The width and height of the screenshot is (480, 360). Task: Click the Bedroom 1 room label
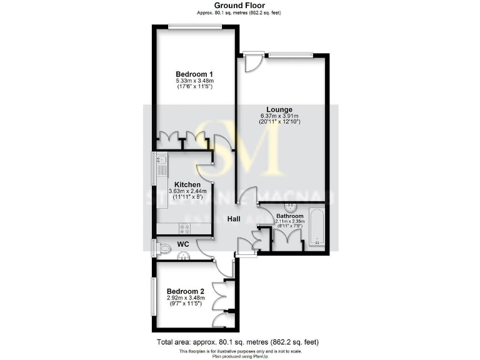[194, 74]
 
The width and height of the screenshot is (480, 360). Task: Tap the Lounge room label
[280, 109]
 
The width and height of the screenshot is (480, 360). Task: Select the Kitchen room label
[187, 184]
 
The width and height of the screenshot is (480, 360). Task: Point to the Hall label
[234, 219]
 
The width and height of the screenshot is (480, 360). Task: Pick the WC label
[183, 243]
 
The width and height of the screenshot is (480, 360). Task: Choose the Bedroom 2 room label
[185, 291]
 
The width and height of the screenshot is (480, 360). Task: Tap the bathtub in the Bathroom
[317, 229]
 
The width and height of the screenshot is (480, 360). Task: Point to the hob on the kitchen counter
[184, 228]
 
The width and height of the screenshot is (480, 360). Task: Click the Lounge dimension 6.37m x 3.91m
[280, 116]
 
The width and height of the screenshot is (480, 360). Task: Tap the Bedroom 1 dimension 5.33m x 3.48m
[194, 81]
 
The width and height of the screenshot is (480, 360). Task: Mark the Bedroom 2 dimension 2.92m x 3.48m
[185, 298]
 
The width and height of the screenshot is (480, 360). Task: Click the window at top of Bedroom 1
[195, 26]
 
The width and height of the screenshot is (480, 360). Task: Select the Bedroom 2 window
[152, 297]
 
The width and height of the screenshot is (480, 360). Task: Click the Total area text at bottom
[237, 342]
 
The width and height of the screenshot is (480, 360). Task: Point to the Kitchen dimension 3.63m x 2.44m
[187, 191]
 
